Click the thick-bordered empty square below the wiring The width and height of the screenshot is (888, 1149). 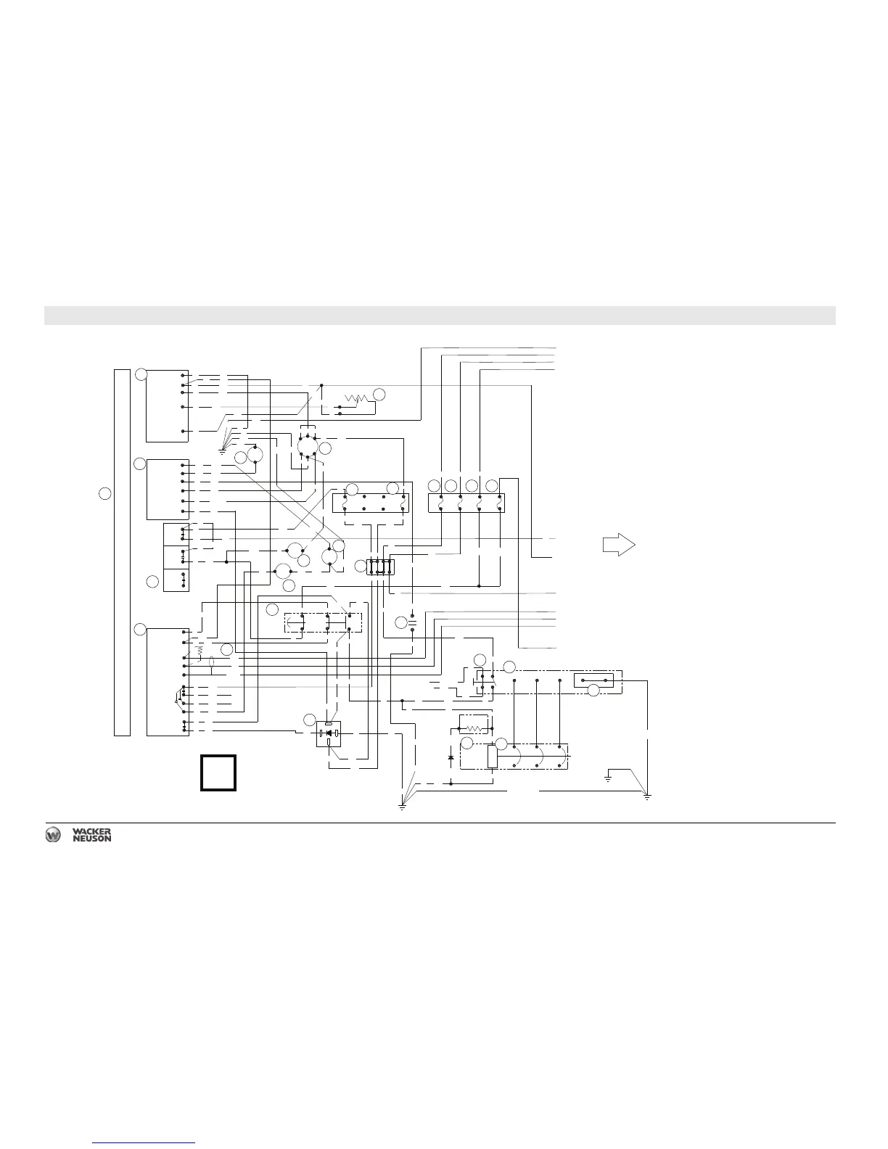pyautogui.click(x=218, y=773)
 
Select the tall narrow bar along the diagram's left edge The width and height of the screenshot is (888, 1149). pyautogui.click(x=123, y=552)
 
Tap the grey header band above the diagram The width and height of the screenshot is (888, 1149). pyautogui.click(x=440, y=316)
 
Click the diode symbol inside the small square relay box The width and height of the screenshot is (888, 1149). pyautogui.click(x=330, y=733)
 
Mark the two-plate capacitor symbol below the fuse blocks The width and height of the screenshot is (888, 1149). pyautogui.click(x=412, y=622)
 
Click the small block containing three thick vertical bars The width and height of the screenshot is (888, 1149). pyautogui.click(x=380, y=567)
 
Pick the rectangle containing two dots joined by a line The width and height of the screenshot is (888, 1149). pyautogui.click(x=593, y=680)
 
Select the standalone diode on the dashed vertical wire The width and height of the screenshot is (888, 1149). pyautogui.click(x=451, y=758)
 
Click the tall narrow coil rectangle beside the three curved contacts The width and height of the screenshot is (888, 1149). pyautogui.click(x=492, y=757)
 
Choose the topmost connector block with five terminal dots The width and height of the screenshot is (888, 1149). pyautogui.click(x=168, y=405)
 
